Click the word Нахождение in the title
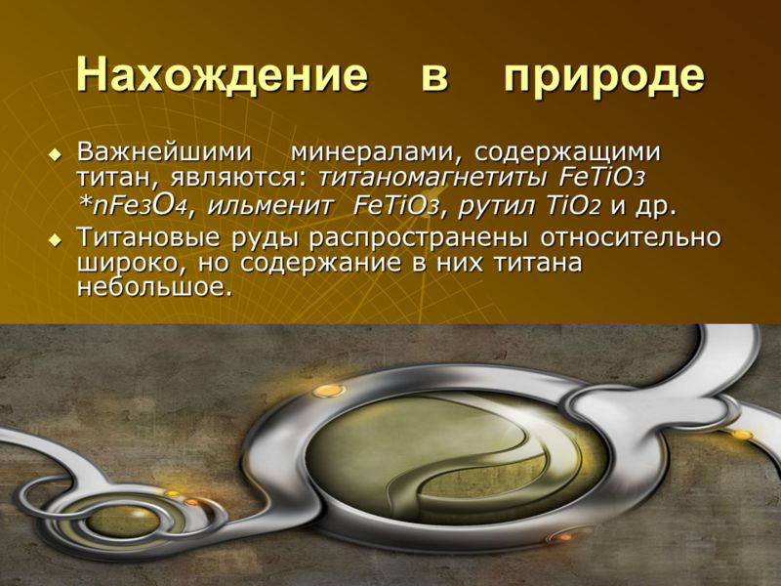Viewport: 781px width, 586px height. [222, 76]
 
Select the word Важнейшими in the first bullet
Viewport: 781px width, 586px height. [164, 151]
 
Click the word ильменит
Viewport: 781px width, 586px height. [269, 205]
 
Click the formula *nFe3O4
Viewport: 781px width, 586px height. [132, 205]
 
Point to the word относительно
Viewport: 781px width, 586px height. [631, 238]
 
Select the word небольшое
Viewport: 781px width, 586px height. [155, 287]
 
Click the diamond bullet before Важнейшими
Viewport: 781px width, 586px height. [55, 155]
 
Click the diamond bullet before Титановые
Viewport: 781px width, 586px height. [55, 240]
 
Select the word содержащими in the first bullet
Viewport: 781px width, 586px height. [567, 153]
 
